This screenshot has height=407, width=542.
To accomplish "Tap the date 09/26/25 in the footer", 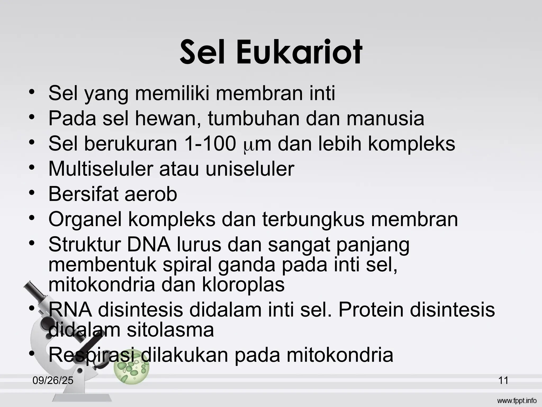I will click(x=53, y=381).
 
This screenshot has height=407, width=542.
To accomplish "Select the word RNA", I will click(x=70, y=310).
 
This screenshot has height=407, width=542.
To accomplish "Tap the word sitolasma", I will click(x=170, y=330).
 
